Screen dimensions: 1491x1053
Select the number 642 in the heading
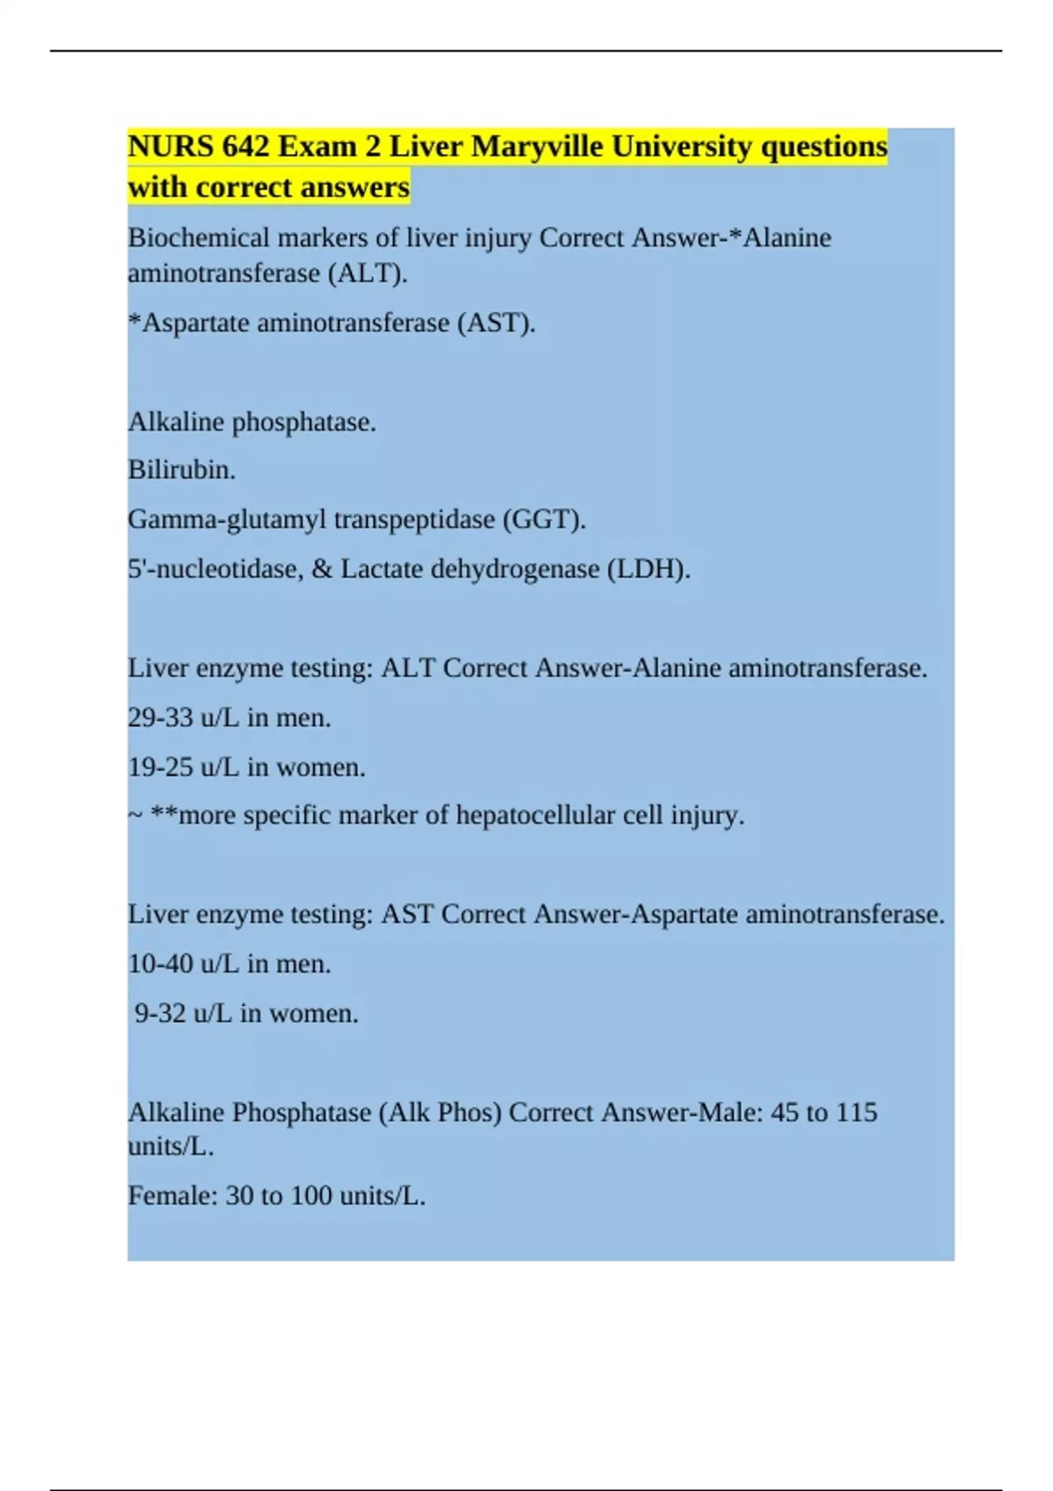(x=246, y=146)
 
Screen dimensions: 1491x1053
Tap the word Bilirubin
(x=182, y=470)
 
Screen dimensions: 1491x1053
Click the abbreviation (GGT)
(x=543, y=519)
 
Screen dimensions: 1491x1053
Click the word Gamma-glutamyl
(x=226, y=519)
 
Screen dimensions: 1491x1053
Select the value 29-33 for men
(x=161, y=717)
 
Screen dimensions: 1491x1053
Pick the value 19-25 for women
(x=161, y=767)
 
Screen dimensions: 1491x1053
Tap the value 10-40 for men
(x=161, y=964)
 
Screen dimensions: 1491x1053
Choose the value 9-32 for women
(x=160, y=1014)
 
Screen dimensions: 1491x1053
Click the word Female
(x=172, y=1195)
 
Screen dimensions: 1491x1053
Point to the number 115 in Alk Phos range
(x=856, y=1112)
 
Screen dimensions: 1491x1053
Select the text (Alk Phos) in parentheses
(x=440, y=1112)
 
